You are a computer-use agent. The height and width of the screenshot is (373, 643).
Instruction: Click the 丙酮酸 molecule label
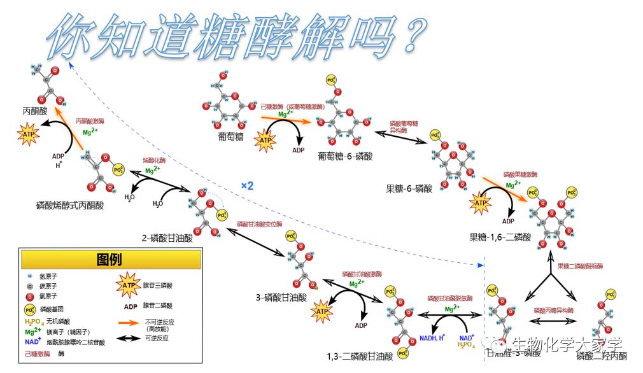pos(35,110)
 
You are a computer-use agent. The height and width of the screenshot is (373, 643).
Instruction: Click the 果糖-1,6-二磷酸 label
pos(500,237)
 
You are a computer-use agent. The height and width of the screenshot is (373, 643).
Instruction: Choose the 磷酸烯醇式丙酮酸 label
pos(70,206)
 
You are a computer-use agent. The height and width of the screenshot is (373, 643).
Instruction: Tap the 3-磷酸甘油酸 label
pos(281,297)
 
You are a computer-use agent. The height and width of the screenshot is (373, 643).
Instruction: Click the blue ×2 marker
pos(247,186)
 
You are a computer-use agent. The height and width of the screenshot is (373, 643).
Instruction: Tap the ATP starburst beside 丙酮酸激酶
pos(29,134)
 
